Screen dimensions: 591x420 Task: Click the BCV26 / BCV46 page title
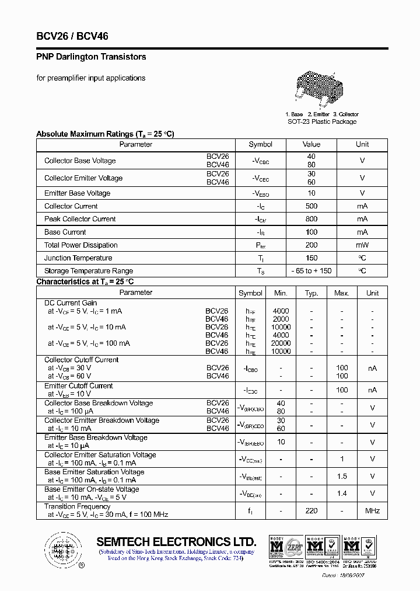pos(72,36)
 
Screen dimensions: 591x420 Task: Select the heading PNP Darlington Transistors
pos(92,57)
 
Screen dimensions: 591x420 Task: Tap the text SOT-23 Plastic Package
pos(322,122)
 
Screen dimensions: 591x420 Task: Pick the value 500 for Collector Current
pos(311,206)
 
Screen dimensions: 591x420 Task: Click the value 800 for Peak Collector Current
pos(311,219)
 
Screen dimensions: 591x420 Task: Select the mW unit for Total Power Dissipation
pos(362,245)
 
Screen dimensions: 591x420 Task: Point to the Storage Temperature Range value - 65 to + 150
pos(311,271)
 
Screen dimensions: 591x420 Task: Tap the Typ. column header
pos(311,293)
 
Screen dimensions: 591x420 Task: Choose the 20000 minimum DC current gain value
pos(281,343)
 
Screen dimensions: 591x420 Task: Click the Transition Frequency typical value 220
pos(311,511)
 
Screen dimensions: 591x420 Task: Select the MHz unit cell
pos(372,511)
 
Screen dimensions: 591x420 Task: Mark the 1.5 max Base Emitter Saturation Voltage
pos(342,477)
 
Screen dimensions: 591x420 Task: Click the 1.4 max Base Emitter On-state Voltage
pos(342,494)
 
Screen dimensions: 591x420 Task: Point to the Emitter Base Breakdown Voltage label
pos(96,437)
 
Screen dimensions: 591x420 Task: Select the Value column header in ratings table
pos(311,144)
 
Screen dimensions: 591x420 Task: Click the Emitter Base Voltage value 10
pos(311,193)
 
